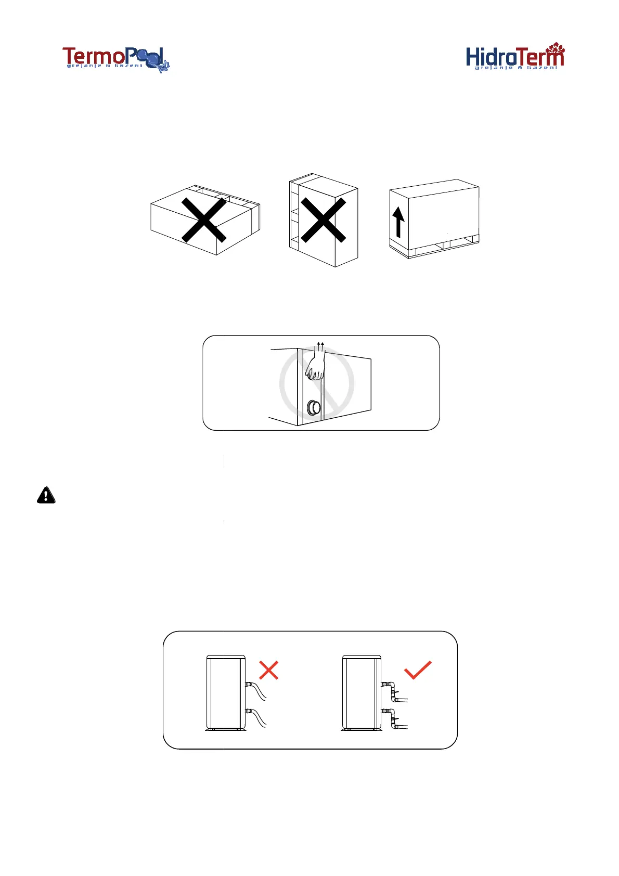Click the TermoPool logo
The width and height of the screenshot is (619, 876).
[x=115, y=58]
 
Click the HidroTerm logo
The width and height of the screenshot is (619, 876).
[x=514, y=56]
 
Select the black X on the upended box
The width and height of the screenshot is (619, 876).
[x=323, y=221]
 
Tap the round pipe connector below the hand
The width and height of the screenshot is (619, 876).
[x=314, y=407]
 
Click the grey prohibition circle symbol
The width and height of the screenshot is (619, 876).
[x=317, y=384]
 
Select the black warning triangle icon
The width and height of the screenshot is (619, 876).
[x=46, y=495]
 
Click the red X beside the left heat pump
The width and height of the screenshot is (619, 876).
[x=268, y=670]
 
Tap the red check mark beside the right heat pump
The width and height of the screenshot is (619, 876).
[x=418, y=670]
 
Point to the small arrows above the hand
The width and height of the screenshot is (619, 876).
[x=321, y=345]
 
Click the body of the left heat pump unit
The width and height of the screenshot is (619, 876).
[x=226, y=692]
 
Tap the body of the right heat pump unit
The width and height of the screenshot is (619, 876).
[x=361, y=692]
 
